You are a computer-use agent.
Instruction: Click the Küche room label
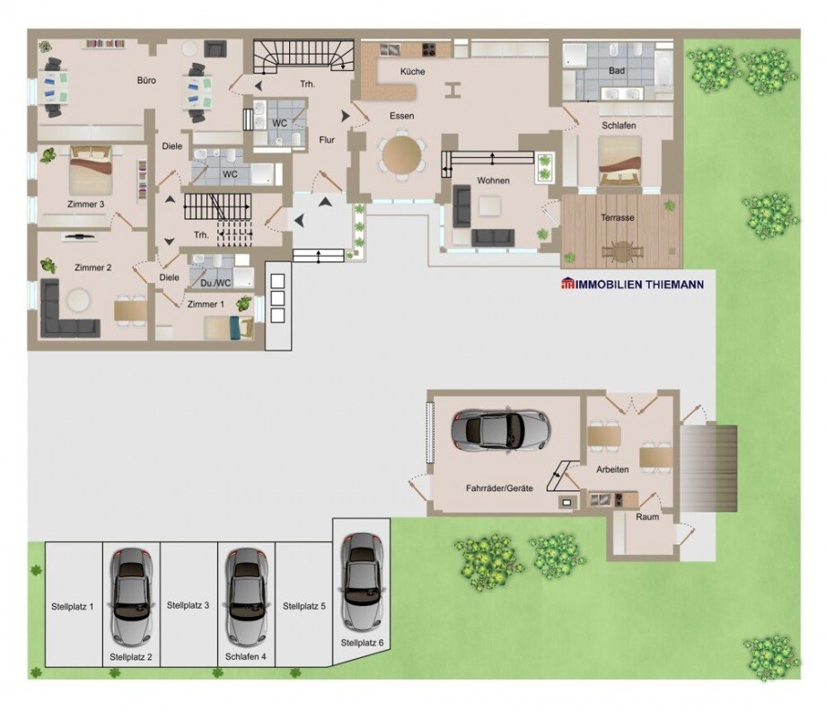(x=412, y=72)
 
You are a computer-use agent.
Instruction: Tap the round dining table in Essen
(x=402, y=155)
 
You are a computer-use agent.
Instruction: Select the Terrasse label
(x=618, y=217)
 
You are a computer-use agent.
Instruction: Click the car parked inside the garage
(x=500, y=430)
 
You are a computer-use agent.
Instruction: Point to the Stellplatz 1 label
(x=72, y=607)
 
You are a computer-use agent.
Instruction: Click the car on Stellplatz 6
(x=361, y=582)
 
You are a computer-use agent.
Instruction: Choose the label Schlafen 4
(x=245, y=657)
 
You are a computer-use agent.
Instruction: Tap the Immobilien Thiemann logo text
(x=632, y=285)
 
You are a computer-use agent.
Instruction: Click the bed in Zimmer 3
(x=91, y=170)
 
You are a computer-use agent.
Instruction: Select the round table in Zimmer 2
(x=79, y=301)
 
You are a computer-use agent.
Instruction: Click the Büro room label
(x=146, y=81)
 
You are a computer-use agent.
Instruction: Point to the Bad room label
(x=617, y=71)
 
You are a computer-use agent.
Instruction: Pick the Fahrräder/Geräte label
(x=499, y=488)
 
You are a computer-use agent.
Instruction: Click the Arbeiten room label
(x=612, y=470)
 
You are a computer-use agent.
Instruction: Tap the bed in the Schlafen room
(x=620, y=162)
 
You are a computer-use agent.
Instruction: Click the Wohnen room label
(x=493, y=180)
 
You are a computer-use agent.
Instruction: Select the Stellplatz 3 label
(x=188, y=606)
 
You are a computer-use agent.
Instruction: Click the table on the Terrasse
(x=623, y=251)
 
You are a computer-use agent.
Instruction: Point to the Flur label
(x=327, y=140)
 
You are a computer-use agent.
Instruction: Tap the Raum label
(x=647, y=517)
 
